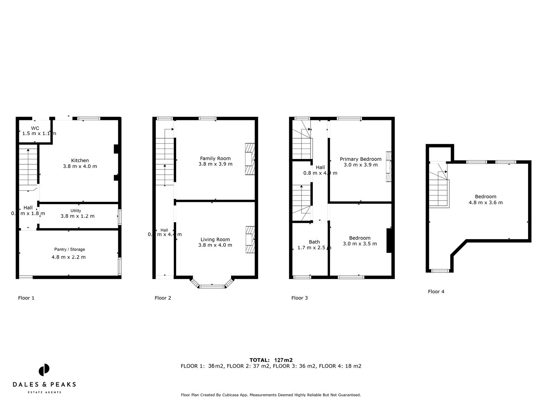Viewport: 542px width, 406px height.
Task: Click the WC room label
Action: (35, 128)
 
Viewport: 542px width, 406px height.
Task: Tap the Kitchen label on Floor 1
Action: (80, 161)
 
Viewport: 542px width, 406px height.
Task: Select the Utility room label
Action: (76, 211)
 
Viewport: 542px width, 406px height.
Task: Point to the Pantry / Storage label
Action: (70, 249)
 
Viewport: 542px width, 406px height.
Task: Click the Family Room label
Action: (215, 158)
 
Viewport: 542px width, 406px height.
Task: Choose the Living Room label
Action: (215, 239)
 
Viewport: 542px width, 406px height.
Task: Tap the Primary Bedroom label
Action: (361, 159)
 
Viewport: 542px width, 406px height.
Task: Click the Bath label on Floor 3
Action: (314, 242)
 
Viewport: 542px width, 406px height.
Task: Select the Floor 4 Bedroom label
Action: (486, 197)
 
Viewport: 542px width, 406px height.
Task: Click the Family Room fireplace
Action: (250, 159)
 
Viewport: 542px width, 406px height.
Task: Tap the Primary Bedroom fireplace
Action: (388, 167)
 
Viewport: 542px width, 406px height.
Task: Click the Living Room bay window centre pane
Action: (212, 286)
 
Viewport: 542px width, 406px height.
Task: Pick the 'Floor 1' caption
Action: (26, 298)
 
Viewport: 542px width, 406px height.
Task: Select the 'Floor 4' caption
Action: (436, 292)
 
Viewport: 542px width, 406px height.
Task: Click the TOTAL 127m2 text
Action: (271, 360)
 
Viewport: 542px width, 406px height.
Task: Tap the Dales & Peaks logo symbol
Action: (44, 370)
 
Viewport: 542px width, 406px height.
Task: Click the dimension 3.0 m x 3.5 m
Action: (360, 244)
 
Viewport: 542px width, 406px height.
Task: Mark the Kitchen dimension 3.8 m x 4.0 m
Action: (80, 166)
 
